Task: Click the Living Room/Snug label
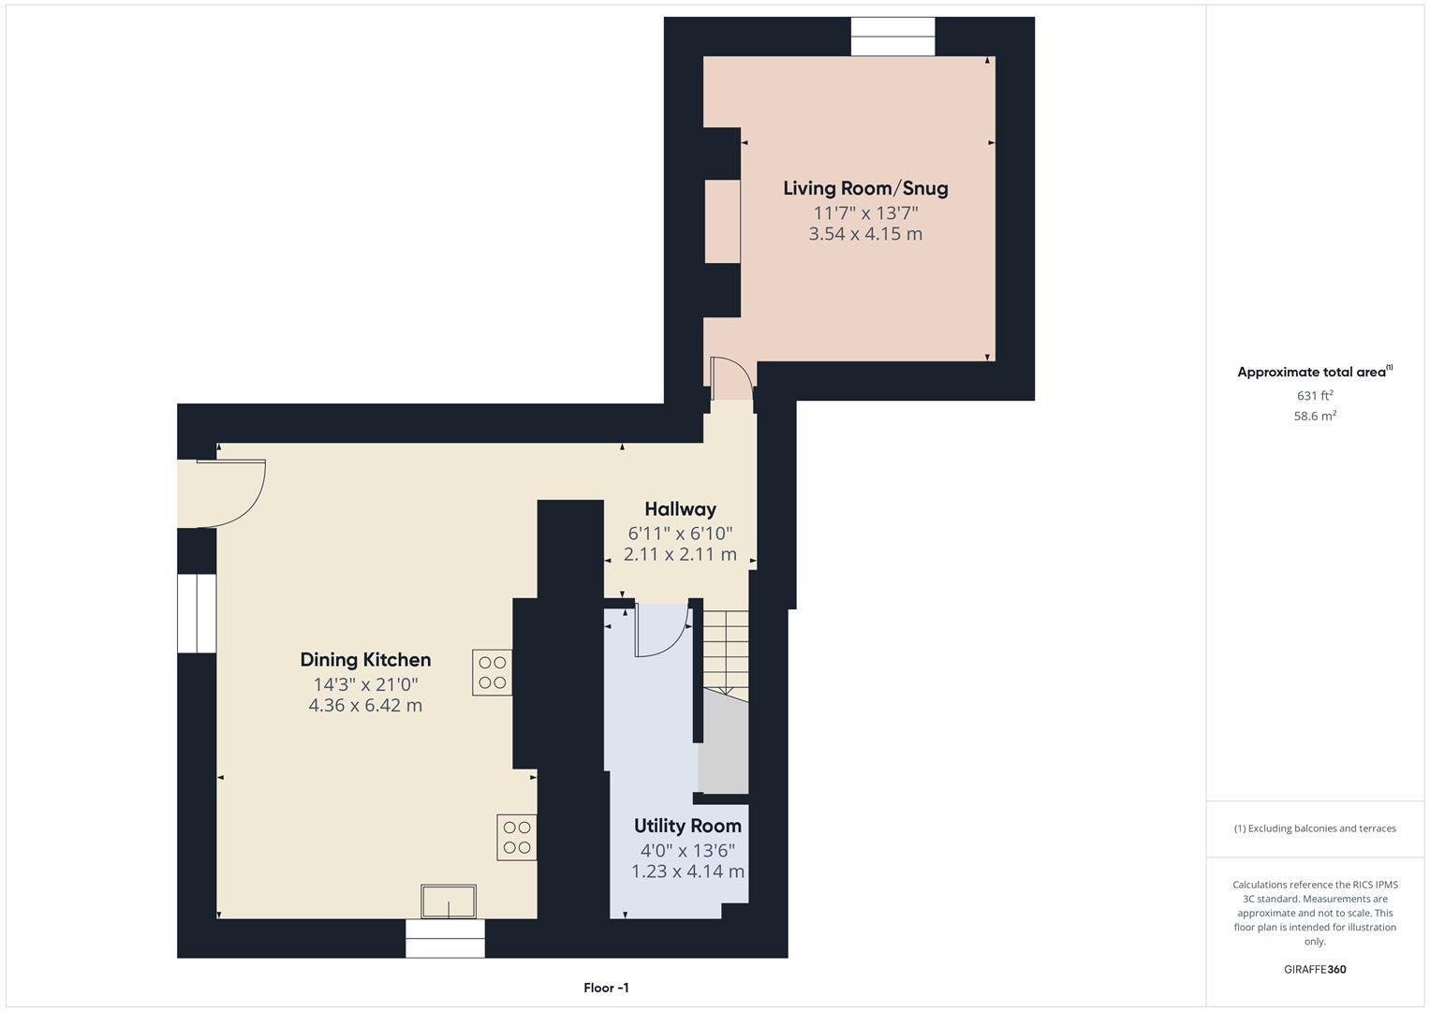pos(865,188)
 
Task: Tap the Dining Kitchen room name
pos(365,660)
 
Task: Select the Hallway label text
pos(680,509)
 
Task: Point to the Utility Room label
pos(687,826)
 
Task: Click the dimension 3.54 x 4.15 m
pos(865,234)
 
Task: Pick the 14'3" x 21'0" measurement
pos(365,684)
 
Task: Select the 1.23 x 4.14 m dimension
pos(687,872)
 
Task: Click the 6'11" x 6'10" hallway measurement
pos(680,534)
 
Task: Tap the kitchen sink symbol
pos(449,901)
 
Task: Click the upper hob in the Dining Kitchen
pos(493,672)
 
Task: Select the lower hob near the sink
pos(517,837)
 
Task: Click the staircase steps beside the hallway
pos(726,651)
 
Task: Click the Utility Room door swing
pos(661,630)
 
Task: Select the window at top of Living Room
pos(892,37)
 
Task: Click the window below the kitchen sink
pos(445,938)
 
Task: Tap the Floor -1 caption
pos(606,988)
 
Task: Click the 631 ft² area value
pos(1315,396)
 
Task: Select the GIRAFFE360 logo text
pos(1315,969)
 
